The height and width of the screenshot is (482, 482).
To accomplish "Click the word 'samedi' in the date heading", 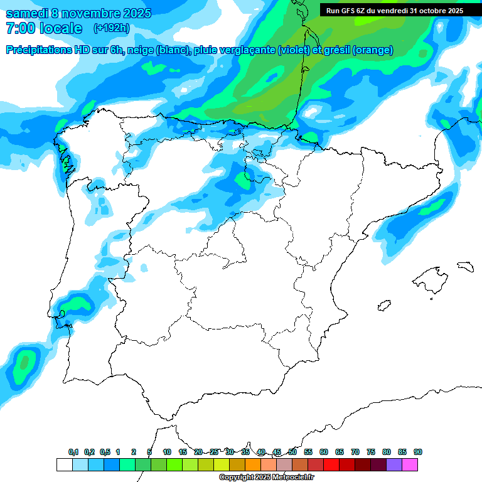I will [x=24, y=13].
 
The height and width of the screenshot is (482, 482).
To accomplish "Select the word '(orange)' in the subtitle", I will [x=373, y=50].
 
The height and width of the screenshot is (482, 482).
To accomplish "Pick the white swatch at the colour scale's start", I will [x=64, y=464].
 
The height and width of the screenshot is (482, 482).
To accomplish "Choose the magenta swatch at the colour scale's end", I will [x=410, y=464].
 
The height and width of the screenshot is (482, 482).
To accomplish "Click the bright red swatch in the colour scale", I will [x=331, y=464].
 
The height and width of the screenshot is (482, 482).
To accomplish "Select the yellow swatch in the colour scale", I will [x=222, y=464].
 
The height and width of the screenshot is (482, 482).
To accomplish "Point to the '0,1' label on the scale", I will [x=73, y=452].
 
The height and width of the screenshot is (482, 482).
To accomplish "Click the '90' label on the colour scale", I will [x=418, y=452].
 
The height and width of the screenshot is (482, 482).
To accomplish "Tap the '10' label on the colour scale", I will [x=167, y=452].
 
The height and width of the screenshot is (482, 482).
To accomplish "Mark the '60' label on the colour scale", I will [x=324, y=452].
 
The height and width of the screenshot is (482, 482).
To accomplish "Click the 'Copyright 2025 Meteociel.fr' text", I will [x=266, y=478].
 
